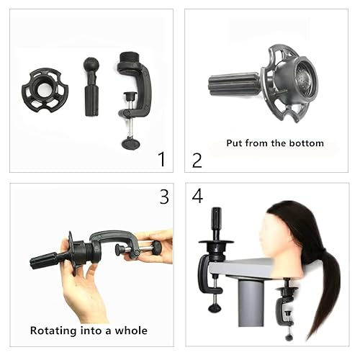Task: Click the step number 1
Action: point(161,158)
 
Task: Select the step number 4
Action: point(198,197)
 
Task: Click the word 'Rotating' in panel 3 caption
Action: point(55,330)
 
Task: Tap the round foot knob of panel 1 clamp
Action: point(131,143)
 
